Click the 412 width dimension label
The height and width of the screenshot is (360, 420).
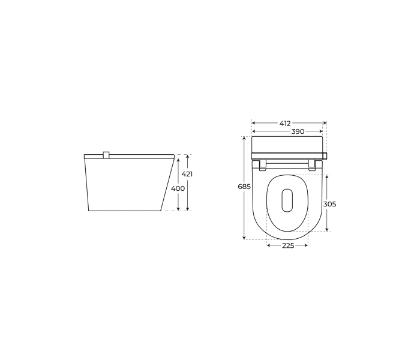[x=285, y=124]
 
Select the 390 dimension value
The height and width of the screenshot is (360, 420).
[x=298, y=131]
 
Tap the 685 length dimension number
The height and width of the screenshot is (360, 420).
[x=244, y=187]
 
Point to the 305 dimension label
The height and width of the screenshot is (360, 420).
[x=329, y=204]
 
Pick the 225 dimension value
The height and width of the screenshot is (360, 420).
[x=288, y=245]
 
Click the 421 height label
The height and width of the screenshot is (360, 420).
[x=187, y=174]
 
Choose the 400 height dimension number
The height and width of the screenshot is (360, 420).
[x=178, y=188]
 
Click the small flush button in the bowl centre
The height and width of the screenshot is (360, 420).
[x=287, y=200]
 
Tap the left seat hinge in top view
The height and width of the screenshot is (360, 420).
[x=263, y=165]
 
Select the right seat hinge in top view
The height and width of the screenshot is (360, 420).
[x=312, y=165]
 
